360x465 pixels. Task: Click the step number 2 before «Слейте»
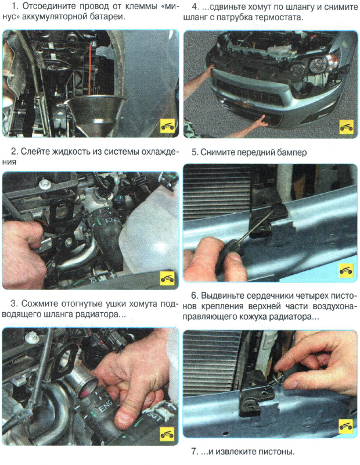(x=14, y=152)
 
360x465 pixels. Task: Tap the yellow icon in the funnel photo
(x=168, y=127)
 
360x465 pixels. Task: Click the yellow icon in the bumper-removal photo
(x=347, y=127)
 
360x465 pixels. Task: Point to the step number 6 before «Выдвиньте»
(x=195, y=296)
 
